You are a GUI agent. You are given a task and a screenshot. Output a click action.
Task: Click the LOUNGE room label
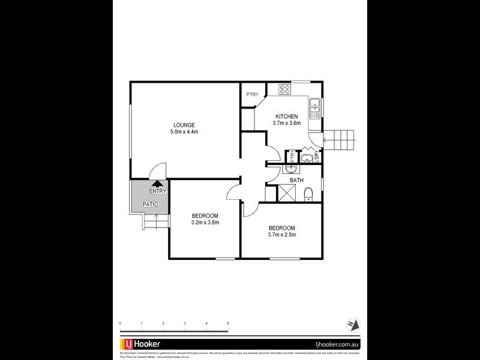[x=185, y=125]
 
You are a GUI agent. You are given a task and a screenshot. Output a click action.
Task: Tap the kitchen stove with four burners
[x=285, y=90]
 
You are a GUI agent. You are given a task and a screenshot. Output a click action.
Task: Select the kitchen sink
[x=314, y=108]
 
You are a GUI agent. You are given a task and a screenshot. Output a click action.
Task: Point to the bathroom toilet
[x=308, y=193]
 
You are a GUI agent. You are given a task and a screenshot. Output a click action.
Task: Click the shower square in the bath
[x=286, y=193]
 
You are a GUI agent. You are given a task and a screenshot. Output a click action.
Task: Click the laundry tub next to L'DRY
[x=305, y=158]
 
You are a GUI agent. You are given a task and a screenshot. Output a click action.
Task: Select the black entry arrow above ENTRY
[x=157, y=184]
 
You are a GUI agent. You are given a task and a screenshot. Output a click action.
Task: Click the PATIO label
[x=150, y=204]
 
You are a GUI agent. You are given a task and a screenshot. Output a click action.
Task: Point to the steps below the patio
[x=153, y=224]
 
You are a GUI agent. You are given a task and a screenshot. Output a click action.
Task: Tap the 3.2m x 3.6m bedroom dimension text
[x=205, y=223]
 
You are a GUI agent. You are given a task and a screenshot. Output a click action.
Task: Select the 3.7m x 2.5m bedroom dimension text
[x=281, y=235]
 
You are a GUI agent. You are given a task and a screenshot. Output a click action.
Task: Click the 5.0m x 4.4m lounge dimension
[x=185, y=131]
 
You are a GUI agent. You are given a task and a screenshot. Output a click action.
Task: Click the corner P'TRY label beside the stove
[x=252, y=95]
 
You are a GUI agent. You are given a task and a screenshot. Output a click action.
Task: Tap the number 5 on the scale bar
[x=228, y=323]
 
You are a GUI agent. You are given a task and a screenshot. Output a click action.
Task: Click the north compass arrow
[x=354, y=325]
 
